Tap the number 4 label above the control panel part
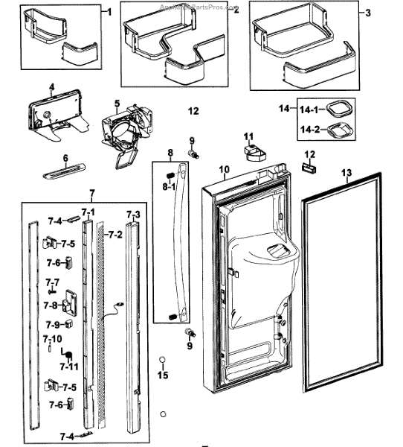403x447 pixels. [51, 87]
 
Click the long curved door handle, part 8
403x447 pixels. [177, 246]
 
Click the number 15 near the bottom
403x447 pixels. [162, 375]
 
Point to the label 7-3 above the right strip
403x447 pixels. [132, 215]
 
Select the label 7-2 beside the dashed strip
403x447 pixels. [115, 235]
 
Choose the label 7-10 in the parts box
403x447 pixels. [53, 339]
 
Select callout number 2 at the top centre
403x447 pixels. [236, 10]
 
